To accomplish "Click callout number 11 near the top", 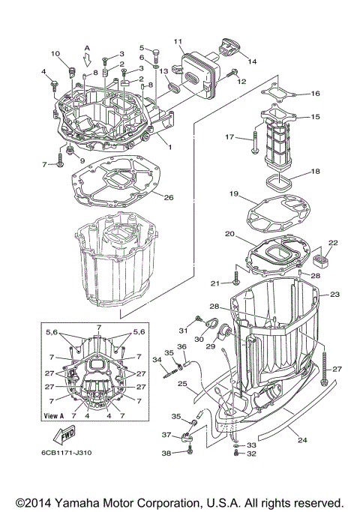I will [x=178, y=40].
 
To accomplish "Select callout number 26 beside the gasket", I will [x=169, y=198].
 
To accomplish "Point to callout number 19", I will [x=234, y=194].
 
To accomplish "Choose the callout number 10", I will [x=55, y=53].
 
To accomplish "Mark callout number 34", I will [x=157, y=359].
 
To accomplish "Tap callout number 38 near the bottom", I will [x=166, y=454].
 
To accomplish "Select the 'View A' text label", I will [x=55, y=415].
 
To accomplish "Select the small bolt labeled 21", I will [x=236, y=282].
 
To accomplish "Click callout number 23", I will [x=335, y=295].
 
